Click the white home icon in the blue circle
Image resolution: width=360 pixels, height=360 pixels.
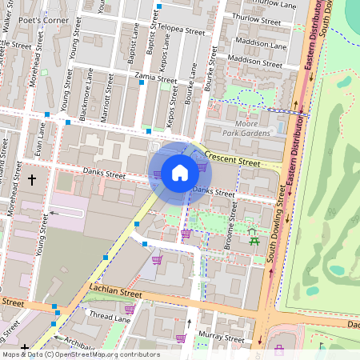[179, 172]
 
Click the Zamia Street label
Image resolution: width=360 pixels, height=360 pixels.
[156, 79]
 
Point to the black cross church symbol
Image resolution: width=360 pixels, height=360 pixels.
[32, 179]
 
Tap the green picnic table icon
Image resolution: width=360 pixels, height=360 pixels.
[255, 238]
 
